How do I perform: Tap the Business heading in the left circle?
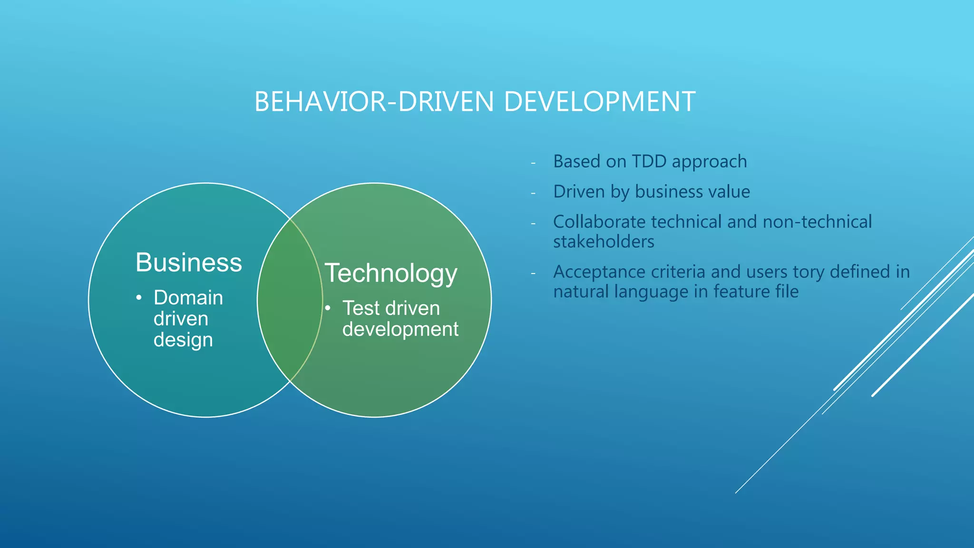[188, 263]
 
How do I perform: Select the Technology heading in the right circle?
[390, 274]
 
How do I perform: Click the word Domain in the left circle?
[188, 298]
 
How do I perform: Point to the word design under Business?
[183, 340]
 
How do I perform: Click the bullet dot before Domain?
[139, 298]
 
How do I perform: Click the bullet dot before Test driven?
[328, 308]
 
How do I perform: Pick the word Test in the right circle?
[360, 308]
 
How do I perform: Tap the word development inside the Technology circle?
[400, 329]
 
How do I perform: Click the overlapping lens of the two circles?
[290, 300]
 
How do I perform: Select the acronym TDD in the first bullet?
[649, 162]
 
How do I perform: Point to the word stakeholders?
[604, 242]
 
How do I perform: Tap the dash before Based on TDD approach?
[533, 163]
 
